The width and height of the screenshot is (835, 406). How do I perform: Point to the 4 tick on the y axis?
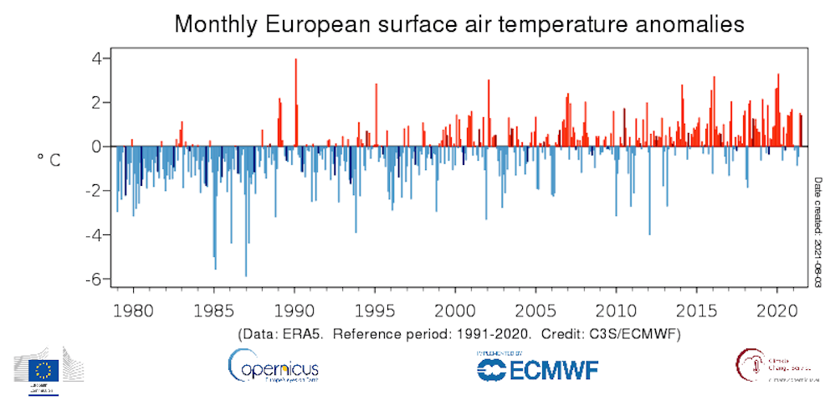pyautogui.click(x=97, y=59)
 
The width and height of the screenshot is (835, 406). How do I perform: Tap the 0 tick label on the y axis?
pyautogui.click(x=97, y=147)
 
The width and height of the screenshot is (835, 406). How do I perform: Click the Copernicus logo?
pyautogui.click(x=273, y=365)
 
